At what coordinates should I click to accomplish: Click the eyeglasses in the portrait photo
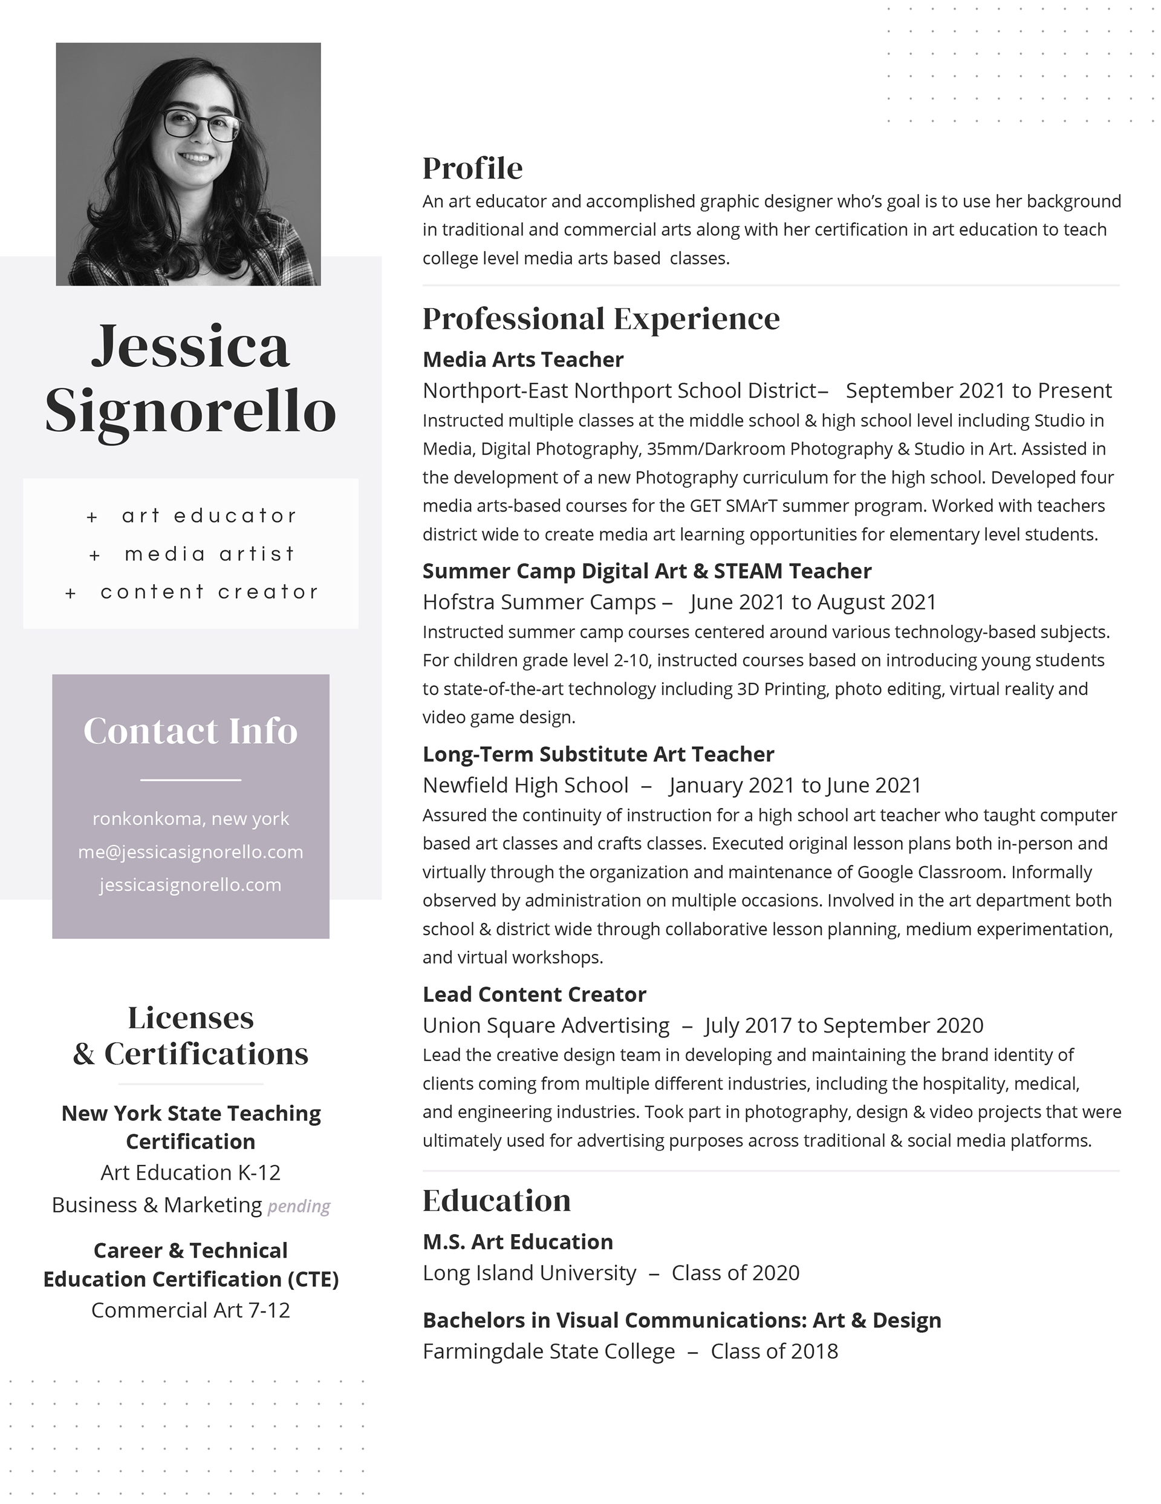pos(201,125)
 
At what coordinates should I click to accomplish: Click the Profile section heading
pos(472,168)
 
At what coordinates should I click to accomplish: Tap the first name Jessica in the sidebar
pos(190,346)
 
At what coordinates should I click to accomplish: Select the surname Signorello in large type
pos(190,411)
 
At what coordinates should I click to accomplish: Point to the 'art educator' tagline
pos(209,516)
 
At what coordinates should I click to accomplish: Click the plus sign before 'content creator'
pos(70,593)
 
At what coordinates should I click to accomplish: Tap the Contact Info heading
pos(190,731)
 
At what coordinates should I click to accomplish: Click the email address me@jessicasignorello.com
pos(190,852)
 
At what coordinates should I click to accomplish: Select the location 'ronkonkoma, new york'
pos(190,819)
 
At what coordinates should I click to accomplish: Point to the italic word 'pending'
pos(299,1206)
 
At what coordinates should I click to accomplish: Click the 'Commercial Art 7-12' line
pos(190,1310)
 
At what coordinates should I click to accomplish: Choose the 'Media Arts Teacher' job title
pos(523,360)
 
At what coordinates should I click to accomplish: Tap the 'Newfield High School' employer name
pos(525,785)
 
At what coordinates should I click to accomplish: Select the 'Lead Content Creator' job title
pos(534,994)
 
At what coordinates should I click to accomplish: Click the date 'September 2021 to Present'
pos(978,390)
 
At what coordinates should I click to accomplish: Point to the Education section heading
pos(496,1200)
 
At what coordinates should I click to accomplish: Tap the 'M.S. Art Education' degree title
pos(518,1241)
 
